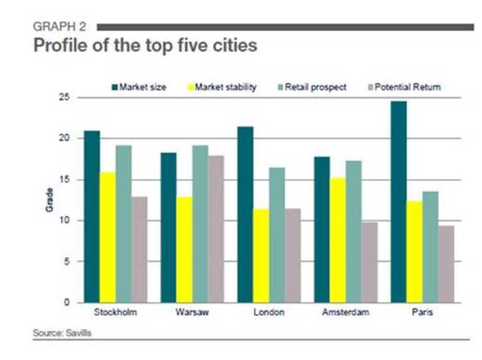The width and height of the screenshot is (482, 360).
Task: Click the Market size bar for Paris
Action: click(x=399, y=201)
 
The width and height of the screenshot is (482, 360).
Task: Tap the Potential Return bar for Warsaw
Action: click(x=215, y=229)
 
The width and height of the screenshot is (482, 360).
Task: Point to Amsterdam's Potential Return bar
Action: click(x=369, y=262)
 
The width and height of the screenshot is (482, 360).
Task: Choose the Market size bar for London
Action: click(x=246, y=214)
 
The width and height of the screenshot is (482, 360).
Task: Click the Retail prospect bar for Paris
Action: click(x=431, y=246)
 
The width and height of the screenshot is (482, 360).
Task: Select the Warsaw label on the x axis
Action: click(x=192, y=312)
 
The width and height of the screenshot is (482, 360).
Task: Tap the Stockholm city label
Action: click(x=115, y=312)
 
